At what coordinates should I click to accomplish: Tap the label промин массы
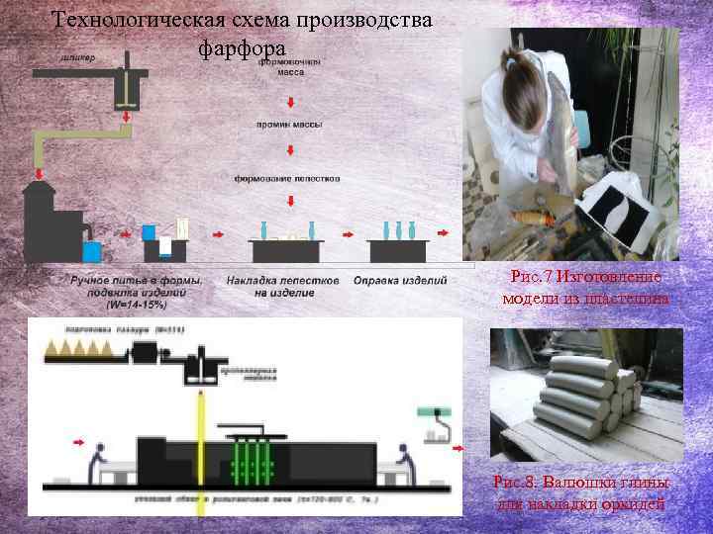click(x=287, y=125)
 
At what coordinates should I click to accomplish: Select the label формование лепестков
click(x=287, y=179)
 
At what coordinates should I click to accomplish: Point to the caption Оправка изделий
click(x=400, y=281)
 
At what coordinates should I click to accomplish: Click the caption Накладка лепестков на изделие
click(x=283, y=287)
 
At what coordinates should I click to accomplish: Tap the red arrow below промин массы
click(x=288, y=150)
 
